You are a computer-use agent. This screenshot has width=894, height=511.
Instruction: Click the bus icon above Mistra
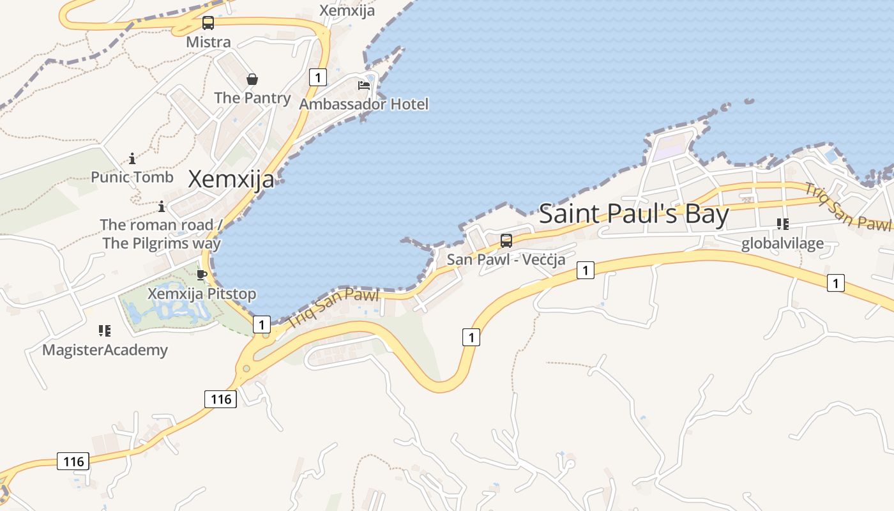click(x=208, y=24)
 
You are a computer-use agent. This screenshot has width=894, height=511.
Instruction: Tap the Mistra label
click(x=208, y=42)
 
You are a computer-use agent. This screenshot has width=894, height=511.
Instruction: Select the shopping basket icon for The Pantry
click(x=252, y=79)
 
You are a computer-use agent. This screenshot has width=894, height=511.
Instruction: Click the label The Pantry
click(x=252, y=98)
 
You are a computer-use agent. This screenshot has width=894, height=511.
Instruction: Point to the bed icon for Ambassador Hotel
click(x=364, y=85)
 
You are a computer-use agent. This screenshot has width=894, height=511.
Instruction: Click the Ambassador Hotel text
click(x=364, y=103)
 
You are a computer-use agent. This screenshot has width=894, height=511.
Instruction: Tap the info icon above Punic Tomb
click(x=132, y=158)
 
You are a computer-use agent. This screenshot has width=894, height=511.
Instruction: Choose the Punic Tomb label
click(x=132, y=177)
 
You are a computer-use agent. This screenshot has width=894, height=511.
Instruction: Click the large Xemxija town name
click(x=231, y=179)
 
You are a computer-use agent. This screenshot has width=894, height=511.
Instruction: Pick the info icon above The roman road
click(x=162, y=206)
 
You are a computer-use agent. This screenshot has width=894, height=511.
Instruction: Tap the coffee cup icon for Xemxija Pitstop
click(x=202, y=275)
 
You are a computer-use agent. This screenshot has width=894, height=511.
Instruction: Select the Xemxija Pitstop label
click(x=202, y=294)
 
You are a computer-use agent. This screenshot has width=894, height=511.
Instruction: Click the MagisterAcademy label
click(x=105, y=349)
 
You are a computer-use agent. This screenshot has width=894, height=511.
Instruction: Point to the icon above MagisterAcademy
click(x=105, y=331)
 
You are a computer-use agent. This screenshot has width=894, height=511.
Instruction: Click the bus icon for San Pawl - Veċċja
click(x=506, y=241)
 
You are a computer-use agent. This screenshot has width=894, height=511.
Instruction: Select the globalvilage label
click(x=782, y=243)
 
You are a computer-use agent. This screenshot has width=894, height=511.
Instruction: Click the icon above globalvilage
click(x=782, y=224)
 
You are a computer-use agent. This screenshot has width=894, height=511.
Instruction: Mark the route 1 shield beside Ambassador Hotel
click(x=317, y=77)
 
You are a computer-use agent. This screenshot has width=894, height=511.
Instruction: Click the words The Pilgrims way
click(x=162, y=243)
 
